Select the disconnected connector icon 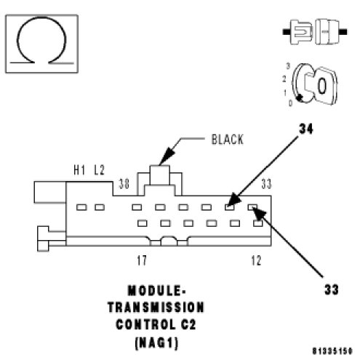(x=315, y=32)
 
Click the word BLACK (x=227, y=140)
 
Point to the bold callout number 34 (x=306, y=129)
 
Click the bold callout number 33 (x=331, y=289)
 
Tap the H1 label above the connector (x=79, y=170)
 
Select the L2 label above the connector (x=99, y=170)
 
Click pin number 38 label (x=124, y=184)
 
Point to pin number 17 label (x=142, y=260)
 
